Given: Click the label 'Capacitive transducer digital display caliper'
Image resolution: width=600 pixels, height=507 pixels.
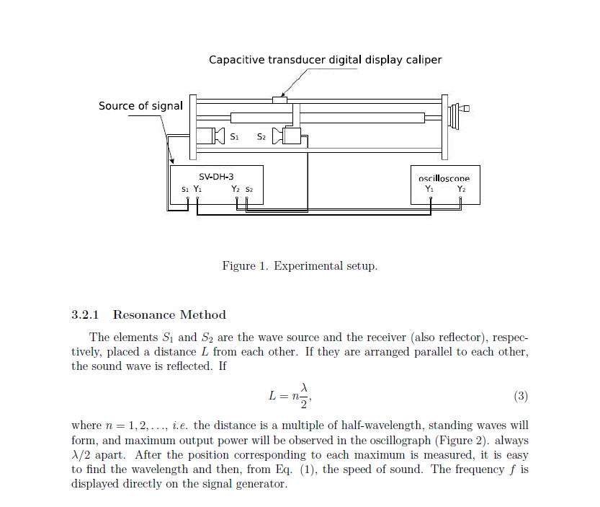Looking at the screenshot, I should pyautogui.click(x=325, y=60).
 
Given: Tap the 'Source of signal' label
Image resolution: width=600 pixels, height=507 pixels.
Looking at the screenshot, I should pyautogui.click(x=140, y=106).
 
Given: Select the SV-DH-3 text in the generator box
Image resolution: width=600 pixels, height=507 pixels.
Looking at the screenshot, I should pyautogui.click(x=216, y=176).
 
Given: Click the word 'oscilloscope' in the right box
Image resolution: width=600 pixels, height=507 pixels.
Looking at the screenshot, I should pyautogui.click(x=444, y=177).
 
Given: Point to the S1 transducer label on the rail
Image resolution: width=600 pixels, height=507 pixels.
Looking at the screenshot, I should pyautogui.click(x=234, y=136).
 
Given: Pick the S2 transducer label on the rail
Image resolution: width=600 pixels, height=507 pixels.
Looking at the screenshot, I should pyautogui.click(x=261, y=136).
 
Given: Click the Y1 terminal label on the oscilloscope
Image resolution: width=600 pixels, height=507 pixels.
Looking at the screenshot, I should pyautogui.click(x=430, y=189).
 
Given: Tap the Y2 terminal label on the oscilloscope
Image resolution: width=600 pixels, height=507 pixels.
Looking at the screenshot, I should pyautogui.click(x=462, y=189).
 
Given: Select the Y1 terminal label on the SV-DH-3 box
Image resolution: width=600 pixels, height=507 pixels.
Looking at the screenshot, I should pyautogui.click(x=197, y=190).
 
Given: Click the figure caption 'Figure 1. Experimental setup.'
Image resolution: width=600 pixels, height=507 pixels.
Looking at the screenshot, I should pyautogui.click(x=300, y=266).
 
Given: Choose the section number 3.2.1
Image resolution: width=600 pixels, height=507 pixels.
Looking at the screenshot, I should pyautogui.click(x=86, y=314).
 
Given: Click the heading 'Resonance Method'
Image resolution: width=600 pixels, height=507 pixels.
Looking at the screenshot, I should pyautogui.click(x=169, y=314).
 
